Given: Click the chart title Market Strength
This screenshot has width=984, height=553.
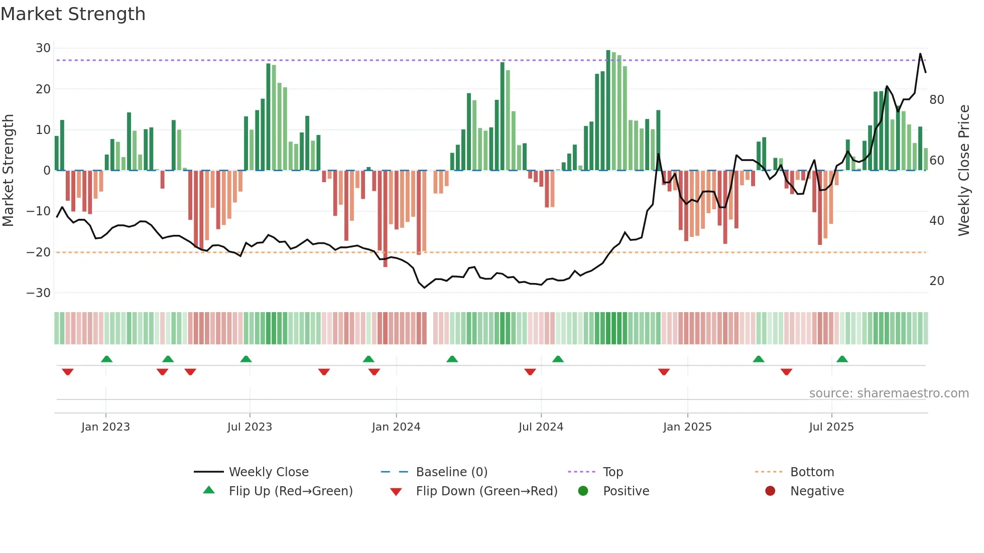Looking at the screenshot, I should [73, 14].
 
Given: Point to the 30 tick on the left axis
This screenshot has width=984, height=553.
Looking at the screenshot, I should [43, 48].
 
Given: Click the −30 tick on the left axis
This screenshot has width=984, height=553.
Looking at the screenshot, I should [39, 293].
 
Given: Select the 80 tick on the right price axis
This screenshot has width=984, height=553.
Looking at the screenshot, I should [937, 100].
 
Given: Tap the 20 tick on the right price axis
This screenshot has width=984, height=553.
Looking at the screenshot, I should [937, 281].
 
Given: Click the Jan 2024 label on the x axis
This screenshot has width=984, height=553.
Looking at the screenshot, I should [396, 427].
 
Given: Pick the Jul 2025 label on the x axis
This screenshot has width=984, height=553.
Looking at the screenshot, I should [831, 427].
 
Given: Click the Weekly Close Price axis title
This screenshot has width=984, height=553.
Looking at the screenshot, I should [964, 171].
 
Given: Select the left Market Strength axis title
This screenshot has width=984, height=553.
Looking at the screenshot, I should [8, 171].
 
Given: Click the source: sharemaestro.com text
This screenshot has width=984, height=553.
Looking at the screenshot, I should [889, 393].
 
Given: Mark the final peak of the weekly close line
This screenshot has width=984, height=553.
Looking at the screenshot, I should [920, 54].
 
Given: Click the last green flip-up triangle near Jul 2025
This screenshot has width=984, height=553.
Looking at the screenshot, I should [842, 359].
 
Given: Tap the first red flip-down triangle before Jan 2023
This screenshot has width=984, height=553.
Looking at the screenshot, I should [68, 372].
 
